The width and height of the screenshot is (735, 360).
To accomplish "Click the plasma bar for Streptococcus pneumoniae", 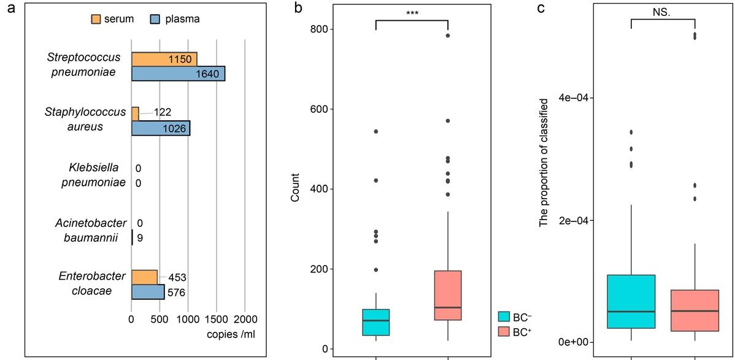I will point(178,74).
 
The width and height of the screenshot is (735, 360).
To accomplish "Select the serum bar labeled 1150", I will point(164,59).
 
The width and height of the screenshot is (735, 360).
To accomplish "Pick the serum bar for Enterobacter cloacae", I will point(144,277).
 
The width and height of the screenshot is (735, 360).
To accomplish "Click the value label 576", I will point(177,292).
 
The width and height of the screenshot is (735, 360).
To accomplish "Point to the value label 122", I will point(162,112).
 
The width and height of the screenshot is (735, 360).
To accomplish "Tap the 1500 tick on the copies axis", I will point(216,320).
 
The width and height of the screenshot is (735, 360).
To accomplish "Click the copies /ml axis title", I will point(231,334).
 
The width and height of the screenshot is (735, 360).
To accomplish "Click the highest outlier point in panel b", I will point(448,36).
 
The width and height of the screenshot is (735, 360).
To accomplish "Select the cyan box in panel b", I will point(375,322).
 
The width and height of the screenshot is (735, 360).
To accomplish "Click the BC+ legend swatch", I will point(504,332).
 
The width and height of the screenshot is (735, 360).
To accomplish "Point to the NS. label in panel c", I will point(663,12).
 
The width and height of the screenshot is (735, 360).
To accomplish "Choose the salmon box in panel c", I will point(695,310).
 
